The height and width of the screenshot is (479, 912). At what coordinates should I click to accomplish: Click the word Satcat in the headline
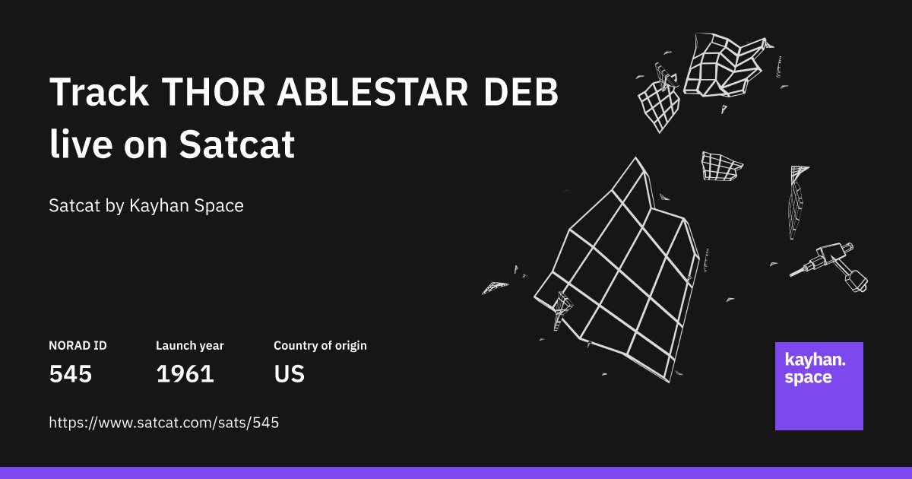(236, 144)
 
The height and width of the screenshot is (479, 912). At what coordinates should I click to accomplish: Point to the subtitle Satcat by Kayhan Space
(146, 205)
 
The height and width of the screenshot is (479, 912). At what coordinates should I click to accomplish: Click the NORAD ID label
(78, 346)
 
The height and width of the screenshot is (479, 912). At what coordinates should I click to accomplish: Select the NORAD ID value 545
(71, 374)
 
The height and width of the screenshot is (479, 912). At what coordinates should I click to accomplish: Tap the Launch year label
(190, 346)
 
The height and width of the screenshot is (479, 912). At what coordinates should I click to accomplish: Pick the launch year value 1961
(185, 374)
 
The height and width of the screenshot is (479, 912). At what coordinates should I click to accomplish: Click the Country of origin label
(320, 346)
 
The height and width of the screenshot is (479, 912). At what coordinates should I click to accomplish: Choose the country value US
(289, 374)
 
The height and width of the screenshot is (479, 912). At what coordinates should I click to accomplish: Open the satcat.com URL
(164, 423)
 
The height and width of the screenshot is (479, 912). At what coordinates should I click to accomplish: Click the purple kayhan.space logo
(819, 386)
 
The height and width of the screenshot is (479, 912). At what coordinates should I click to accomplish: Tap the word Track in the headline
(99, 94)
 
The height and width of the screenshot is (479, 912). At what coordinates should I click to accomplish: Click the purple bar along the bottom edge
(456, 473)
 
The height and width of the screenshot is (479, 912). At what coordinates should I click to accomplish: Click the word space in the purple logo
(808, 378)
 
